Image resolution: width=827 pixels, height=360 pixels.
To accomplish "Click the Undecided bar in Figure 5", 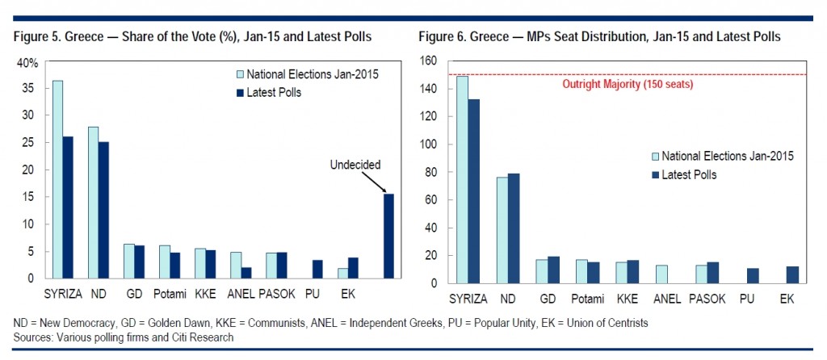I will pos(388,236).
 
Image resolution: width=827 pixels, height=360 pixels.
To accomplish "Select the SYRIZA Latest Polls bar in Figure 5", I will pos(67,207).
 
